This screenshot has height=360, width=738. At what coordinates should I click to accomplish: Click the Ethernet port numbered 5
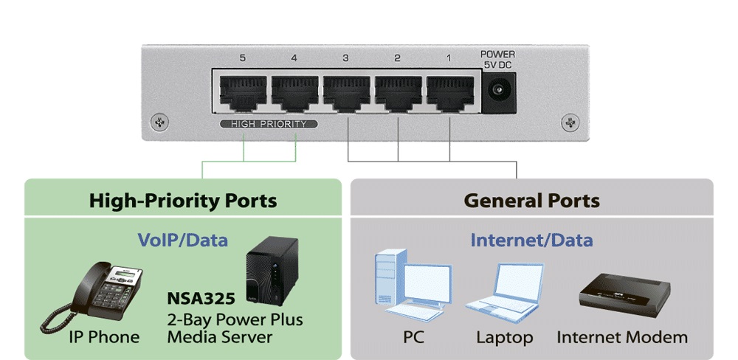point(243,93)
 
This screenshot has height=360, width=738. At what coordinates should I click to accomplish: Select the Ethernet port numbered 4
point(295,93)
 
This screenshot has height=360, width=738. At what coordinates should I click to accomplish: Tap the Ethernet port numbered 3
point(347,93)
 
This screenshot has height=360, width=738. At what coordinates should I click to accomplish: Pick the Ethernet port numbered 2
point(399,93)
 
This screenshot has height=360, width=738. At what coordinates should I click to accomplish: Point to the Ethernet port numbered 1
point(449,93)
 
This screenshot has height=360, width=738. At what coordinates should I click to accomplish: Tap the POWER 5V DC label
point(497,60)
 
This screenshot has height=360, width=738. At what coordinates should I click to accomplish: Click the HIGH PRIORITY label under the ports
point(269,124)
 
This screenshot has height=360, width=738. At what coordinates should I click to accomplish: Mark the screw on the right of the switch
point(569,121)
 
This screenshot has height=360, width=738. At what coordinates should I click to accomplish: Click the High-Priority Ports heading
point(183,200)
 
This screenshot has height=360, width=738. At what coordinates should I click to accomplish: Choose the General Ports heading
point(531,200)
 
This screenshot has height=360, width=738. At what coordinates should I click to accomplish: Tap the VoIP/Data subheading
point(183,240)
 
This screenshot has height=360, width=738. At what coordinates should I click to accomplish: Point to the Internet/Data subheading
point(531,240)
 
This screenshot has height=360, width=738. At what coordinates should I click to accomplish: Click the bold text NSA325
point(201,299)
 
